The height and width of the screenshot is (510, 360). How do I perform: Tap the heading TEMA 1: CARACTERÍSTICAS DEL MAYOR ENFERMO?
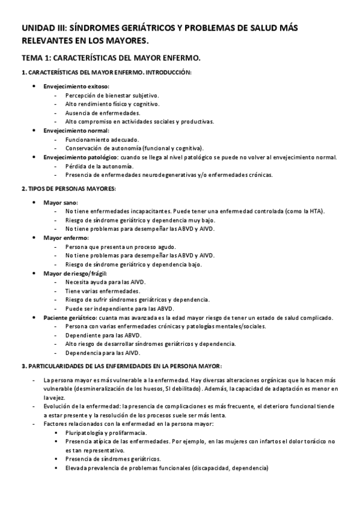tap(111, 58)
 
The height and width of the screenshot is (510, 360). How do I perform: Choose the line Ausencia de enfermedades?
tap(94, 112)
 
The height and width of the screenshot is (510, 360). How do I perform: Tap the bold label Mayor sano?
tap(60, 203)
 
